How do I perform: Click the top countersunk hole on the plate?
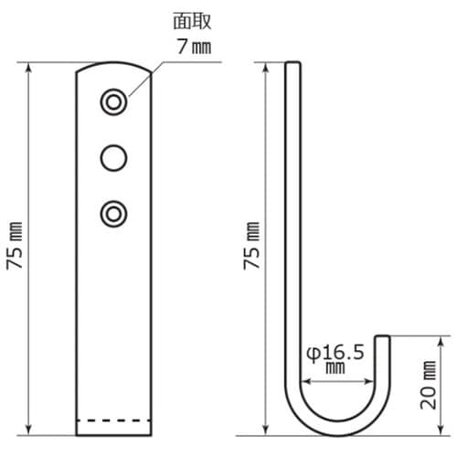click(113, 101)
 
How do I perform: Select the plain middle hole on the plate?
click(113, 157)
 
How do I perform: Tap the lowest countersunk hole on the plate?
click(113, 213)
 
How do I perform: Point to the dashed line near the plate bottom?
click(113, 421)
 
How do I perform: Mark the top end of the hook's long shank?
click(292, 63)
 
